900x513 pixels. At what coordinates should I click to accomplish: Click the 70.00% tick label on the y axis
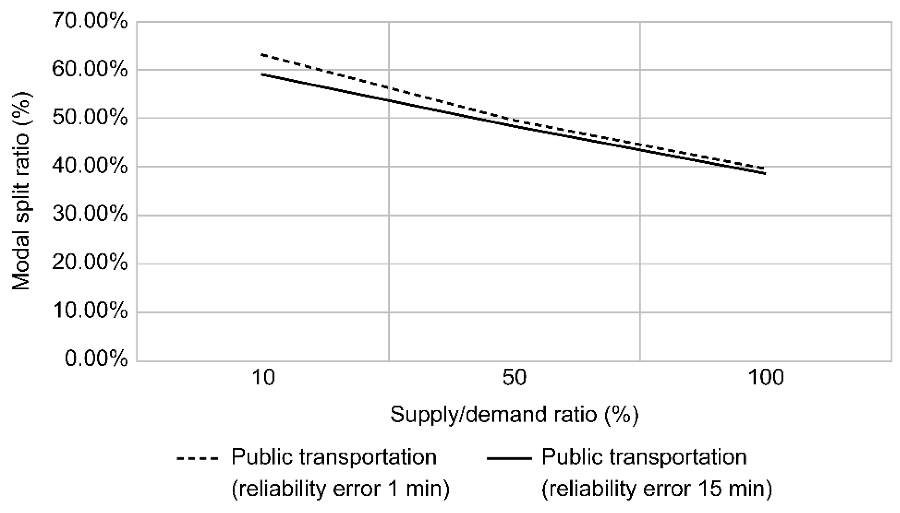(90, 22)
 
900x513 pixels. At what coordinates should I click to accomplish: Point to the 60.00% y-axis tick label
(90, 69)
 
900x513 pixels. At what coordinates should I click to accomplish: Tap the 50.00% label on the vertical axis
(90, 118)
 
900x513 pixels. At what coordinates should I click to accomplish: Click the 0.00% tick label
(96, 360)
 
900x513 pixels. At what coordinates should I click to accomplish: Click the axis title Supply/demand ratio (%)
(514, 415)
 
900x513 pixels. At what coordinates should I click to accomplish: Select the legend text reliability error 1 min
(340, 489)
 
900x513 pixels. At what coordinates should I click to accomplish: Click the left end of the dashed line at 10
(261, 55)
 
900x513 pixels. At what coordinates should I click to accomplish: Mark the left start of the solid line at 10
(261, 74)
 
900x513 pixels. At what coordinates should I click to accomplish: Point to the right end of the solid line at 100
(765, 173)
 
